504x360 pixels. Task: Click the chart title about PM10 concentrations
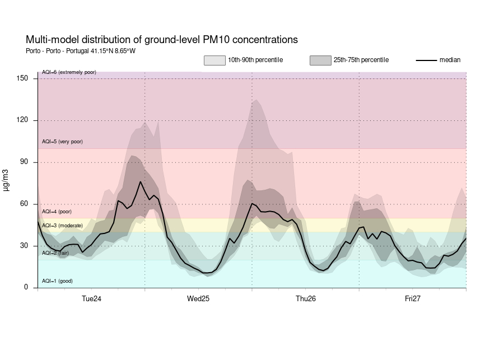[161, 40]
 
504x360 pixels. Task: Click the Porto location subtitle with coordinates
[81, 51]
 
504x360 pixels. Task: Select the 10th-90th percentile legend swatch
[214, 60]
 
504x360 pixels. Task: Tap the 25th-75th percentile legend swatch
[320, 60]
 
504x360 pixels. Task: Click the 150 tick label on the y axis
[22, 78]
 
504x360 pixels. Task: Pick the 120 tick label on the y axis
[22, 120]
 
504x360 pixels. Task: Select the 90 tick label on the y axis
[24, 162]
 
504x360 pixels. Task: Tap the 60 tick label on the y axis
[24, 204]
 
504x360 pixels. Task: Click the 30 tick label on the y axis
[24, 246]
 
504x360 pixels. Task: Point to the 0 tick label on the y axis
[26, 288]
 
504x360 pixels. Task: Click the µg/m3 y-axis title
[6, 179]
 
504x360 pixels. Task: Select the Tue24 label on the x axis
[91, 299]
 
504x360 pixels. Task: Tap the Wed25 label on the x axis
[198, 299]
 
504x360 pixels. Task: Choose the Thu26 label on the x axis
[306, 299]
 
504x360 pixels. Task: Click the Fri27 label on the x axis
[413, 299]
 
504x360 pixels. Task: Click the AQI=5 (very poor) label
[62, 142]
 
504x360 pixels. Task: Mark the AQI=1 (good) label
[57, 281]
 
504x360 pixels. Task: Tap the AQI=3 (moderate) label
[62, 226]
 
